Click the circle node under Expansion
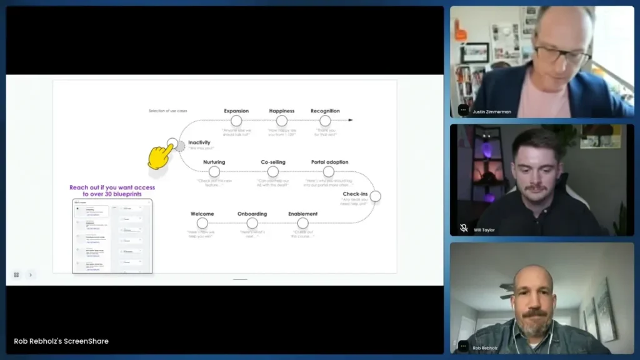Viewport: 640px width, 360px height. (x=236, y=121)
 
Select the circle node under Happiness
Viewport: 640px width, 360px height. (x=282, y=121)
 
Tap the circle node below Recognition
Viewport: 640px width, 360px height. (x=325, y=121)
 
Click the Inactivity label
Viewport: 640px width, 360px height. (x=199, y=142)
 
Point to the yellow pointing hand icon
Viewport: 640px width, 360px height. (x=161, y=156)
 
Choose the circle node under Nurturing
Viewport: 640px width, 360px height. (x=214, y=171)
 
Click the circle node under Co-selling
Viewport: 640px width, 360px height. (x=273, y=171)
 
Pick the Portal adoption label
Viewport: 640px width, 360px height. (x=329, y=162)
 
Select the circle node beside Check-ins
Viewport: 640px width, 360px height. (x=375, y=196)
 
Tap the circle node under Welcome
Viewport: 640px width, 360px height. (x=202, y=223)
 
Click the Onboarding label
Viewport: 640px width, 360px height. (x=252, y=214)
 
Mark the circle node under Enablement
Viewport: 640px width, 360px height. (x=302, y=223)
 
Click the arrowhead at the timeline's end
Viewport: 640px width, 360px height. (x=351, y=120)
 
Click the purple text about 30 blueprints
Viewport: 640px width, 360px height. (x=112, y=191)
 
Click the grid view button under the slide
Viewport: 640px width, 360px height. (x=16, y=274)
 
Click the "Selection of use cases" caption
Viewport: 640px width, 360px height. (x=167, y=111)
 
